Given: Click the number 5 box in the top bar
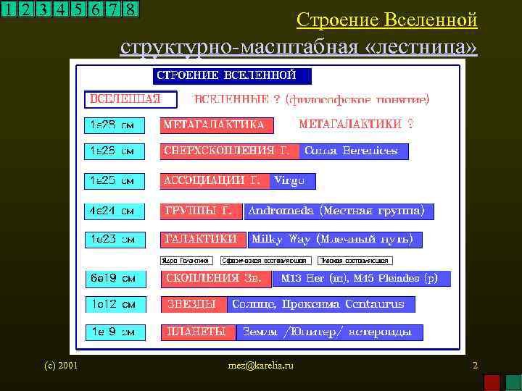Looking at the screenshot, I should (78, 9).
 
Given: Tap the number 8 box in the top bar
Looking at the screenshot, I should (130, 9).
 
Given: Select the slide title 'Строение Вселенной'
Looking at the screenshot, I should (387, 20).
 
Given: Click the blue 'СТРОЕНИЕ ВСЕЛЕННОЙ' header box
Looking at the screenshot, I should (232, 76).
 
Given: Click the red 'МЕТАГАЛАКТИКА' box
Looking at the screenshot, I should (217, 125).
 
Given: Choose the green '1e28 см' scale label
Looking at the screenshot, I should (115, 125).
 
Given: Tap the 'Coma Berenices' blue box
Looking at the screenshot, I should (353, 151).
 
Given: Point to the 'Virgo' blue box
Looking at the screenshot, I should (292, 181).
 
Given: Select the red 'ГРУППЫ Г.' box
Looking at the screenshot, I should (200, 211).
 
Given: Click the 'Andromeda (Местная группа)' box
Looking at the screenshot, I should (339, 211).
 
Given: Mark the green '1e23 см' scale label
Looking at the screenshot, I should (115, 239).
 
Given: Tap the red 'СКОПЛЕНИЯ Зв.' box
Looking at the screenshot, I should (215, 278).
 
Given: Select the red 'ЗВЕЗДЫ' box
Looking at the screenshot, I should (194, 304).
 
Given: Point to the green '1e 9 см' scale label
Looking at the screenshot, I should (115, 332).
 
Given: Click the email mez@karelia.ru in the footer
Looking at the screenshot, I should (261, 366).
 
